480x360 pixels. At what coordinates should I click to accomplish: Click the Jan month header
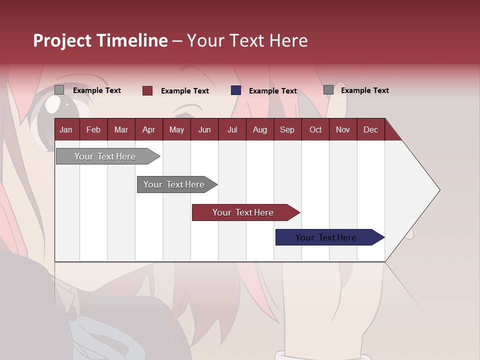(66, 129)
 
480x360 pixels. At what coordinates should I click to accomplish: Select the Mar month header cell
(121, 129)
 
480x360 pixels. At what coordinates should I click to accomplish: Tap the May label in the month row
(176, 129)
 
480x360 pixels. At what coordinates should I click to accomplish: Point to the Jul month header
(232, 129)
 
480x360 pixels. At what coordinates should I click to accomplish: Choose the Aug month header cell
(259, 129)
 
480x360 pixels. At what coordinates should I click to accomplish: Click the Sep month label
(287, 129)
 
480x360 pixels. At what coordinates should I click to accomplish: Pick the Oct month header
(315, 129)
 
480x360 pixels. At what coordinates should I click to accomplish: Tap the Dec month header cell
(370, 129)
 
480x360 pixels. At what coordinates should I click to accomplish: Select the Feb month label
(93, 129)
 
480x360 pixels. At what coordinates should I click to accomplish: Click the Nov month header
(343, 129)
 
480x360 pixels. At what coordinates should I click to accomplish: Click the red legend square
(147, 90)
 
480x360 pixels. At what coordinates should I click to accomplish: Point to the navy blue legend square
(236, 90)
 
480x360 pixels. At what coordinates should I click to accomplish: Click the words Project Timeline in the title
(100, 40)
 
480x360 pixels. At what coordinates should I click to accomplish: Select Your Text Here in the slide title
(247, 40)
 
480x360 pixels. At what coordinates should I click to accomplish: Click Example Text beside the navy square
(273, 91)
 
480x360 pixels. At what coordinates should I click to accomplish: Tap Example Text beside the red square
(185, 91)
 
